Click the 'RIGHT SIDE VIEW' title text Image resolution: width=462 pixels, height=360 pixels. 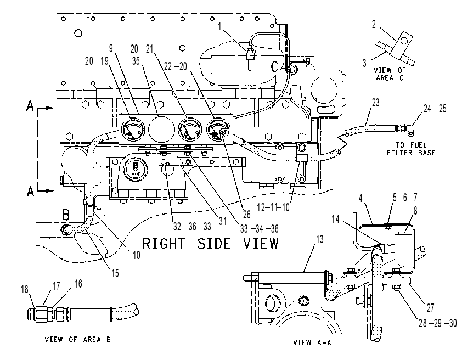(210, 244)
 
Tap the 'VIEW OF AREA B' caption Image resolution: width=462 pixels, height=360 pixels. (78, 340)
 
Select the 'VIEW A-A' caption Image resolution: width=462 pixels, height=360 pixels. (312, 342)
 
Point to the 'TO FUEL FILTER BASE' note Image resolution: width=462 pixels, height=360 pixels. (411, 149)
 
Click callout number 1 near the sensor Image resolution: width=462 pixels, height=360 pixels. (219, 26)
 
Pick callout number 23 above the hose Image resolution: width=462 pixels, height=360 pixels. (376, 103)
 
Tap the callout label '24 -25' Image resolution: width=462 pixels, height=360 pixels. (435, 109)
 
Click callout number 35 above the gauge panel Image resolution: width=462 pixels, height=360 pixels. (136, 61)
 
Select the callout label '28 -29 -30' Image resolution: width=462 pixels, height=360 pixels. (437, 323)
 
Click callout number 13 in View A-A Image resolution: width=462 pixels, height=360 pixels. (320, 239)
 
